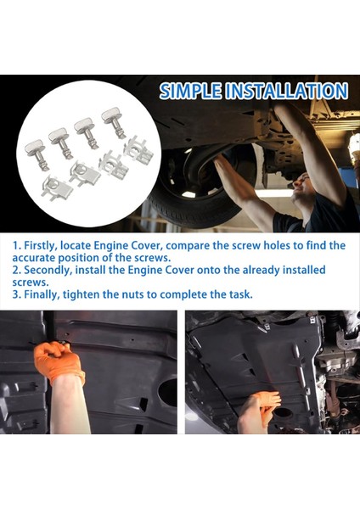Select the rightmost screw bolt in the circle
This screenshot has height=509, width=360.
point(113,119)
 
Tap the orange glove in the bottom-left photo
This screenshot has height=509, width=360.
point(59,360)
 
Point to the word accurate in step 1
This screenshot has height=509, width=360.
point(37,258)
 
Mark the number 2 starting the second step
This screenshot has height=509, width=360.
point(15,271)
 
